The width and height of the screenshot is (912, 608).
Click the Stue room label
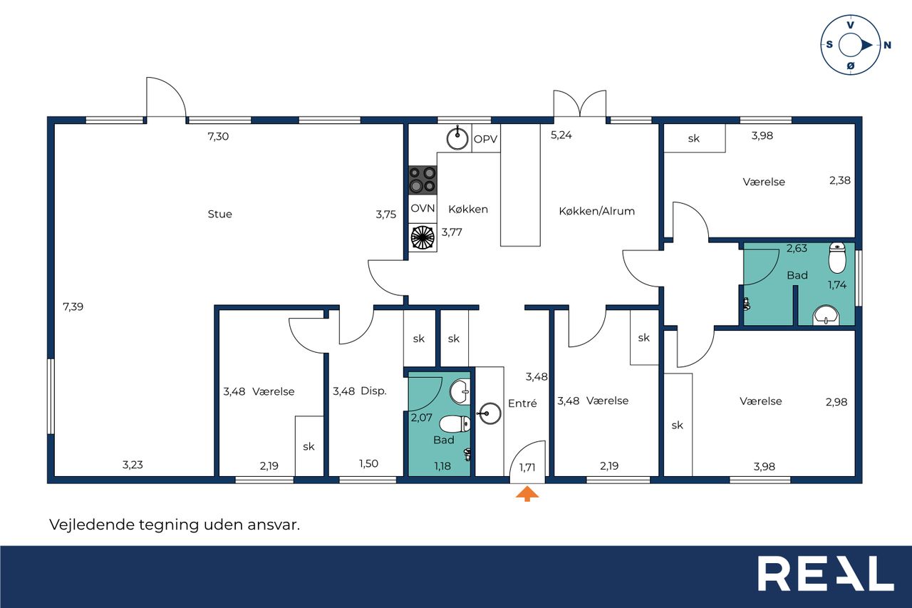point(220,215)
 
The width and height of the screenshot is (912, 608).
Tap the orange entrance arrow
point(527,493)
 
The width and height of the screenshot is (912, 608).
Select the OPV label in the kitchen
point(485,139)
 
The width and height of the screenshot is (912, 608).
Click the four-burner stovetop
point(423,180)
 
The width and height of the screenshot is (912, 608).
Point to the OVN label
point(423,209)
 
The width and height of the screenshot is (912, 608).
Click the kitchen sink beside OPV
point(457,138)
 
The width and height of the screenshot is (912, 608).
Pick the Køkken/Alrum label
point(596,211)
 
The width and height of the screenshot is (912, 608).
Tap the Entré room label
point(522,403)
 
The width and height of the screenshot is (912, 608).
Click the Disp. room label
point(373,391)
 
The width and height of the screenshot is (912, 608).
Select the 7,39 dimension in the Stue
point(73,306)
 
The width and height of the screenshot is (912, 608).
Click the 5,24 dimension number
point(561,135)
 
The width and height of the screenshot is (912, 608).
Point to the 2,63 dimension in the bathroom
point(797,249)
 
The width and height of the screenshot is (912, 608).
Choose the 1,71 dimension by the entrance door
point(527,468)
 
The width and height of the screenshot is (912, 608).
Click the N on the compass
point(887,45)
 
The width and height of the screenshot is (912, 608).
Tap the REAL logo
point(826,574)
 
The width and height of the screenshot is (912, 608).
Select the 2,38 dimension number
point(840,180)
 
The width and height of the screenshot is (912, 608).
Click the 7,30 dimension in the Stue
point(218,136)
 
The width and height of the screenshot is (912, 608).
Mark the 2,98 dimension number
point(836,402)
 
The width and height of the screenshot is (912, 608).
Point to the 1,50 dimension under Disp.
point(368,464)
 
